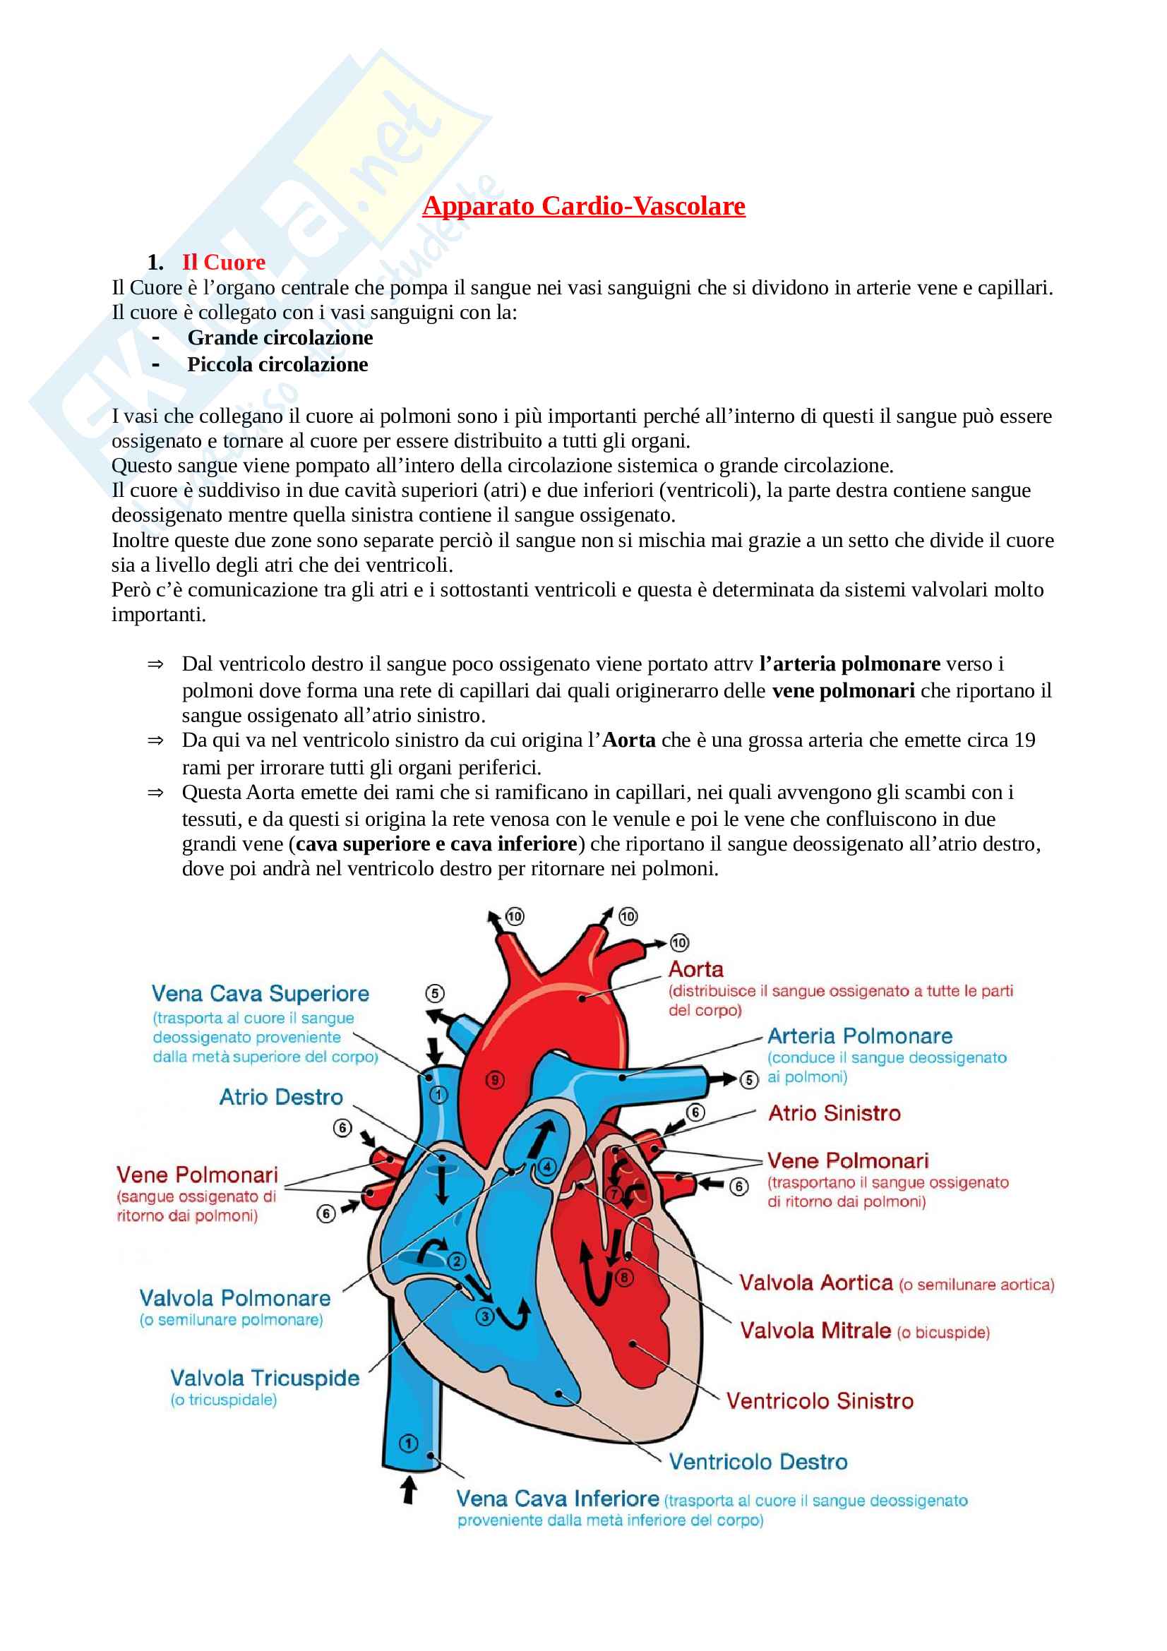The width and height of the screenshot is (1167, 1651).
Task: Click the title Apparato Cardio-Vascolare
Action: [583, 206]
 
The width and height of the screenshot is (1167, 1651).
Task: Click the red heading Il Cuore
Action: [223, 263]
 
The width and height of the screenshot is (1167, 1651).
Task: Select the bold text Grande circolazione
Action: [280, 338]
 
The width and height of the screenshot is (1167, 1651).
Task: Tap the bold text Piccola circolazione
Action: [277, 364]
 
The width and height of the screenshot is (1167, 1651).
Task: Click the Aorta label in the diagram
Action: [695, 969]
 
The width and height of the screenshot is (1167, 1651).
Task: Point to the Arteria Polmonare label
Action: [859, 1036]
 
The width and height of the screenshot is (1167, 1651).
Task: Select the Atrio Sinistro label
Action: [834, 1113]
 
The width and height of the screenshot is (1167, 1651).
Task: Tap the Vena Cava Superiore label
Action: [261, 994]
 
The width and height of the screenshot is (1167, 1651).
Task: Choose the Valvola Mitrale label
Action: [815, 1331]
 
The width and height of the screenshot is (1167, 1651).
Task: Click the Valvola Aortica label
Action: [816, 1283]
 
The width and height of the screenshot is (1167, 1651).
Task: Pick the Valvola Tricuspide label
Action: [265, 1378]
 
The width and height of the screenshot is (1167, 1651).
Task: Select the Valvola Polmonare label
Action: [235, 1298]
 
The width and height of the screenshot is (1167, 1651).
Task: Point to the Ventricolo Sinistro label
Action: [820, 1400]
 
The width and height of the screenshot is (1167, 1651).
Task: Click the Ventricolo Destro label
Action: [758, 1461]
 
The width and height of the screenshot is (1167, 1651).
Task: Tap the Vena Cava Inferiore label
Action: [557, 1499]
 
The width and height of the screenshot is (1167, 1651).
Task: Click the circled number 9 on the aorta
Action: [495, 1079]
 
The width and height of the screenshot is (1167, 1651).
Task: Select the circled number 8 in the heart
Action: [624, 1278]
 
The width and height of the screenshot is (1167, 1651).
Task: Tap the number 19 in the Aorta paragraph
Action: [1024, 740]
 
